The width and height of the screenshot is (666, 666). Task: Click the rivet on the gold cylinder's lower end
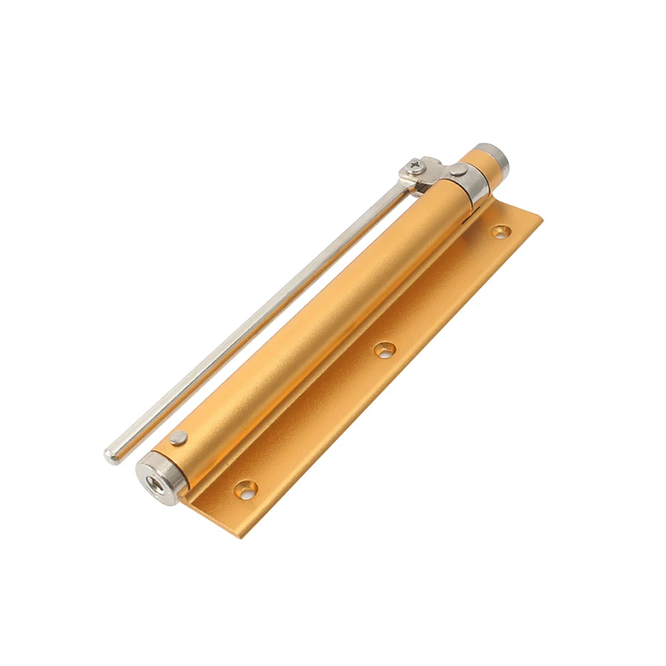tap(178, 438)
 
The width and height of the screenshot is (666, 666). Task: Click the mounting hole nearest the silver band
tap(500, 232)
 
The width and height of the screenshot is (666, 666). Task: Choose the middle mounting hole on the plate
tap(384, 349)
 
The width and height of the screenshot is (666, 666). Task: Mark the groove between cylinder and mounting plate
tap(333, 353)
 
